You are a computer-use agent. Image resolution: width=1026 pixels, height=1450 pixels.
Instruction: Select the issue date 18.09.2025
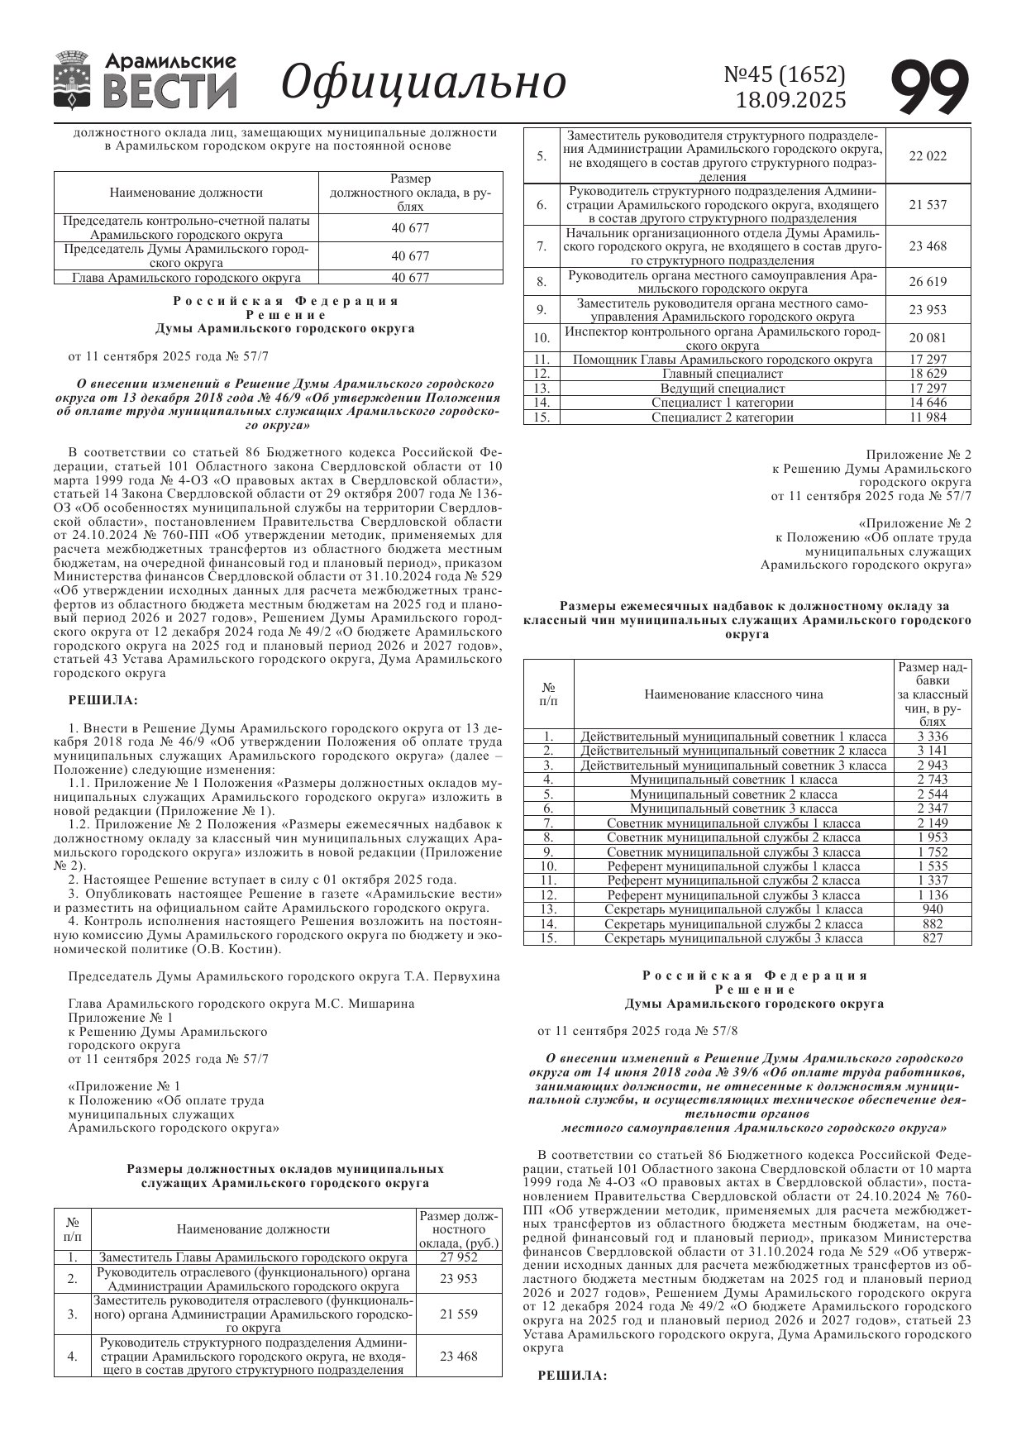(x=791, y=100)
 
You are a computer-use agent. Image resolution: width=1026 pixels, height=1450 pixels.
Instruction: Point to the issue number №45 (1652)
(x=785, y=74)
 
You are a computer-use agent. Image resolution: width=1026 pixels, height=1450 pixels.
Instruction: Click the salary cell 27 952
(x=459, y=1257)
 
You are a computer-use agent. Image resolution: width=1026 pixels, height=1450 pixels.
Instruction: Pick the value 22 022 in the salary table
(x=928, y=156)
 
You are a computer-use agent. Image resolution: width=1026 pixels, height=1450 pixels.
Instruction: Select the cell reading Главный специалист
(x=723, y=374)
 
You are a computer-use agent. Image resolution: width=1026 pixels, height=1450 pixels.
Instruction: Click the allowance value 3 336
(x=933, y=737)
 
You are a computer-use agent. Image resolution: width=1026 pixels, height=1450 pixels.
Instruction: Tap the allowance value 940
(x=933, y=909)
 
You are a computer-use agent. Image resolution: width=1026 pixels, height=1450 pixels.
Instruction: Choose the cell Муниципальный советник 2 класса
(x=733, y=794)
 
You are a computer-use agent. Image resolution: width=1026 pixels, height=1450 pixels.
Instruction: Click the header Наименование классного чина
(x=733, y=694)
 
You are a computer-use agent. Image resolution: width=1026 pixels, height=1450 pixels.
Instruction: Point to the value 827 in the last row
(x=933, y=938)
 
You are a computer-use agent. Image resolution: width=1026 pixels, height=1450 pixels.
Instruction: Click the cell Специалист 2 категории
(x=723, y=417)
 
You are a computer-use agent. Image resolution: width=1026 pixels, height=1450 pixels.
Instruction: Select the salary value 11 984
(x=928, y=417)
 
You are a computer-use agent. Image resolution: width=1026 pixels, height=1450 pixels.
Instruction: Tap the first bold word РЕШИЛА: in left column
(x=103, y=700)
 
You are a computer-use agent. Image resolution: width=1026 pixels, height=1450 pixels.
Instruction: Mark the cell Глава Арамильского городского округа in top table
(x=187, y=278)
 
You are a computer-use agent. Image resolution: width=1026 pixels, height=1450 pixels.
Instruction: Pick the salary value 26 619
(x=928, y=282)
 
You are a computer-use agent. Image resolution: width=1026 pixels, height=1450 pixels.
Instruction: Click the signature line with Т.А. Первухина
(x=284, y=976)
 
